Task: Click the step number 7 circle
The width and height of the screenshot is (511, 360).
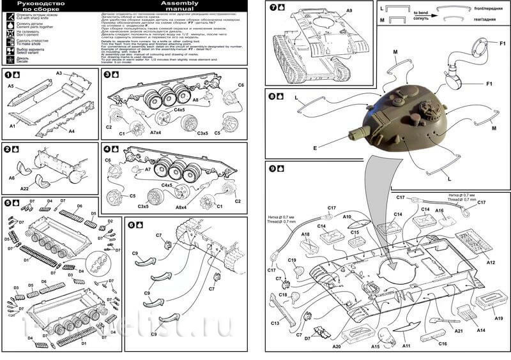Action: coord(273,8)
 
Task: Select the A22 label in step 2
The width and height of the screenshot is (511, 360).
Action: coord(24,189)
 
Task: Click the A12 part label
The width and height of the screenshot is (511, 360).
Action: coord(491,262)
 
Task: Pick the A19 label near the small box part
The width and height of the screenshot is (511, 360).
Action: coord(498,318)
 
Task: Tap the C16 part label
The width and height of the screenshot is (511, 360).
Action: coord(443,343)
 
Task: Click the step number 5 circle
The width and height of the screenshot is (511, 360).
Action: coord(7,203)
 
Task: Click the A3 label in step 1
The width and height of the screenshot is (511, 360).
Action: coord(59,74)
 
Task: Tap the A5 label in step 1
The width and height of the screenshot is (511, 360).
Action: coord(11,86)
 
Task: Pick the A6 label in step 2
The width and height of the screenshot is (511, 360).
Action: coord(11,178)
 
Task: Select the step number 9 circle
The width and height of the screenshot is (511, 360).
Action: coord(273,169)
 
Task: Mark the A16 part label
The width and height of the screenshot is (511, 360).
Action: coord(439,210)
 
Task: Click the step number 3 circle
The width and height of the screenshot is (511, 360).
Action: coord(107,74)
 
